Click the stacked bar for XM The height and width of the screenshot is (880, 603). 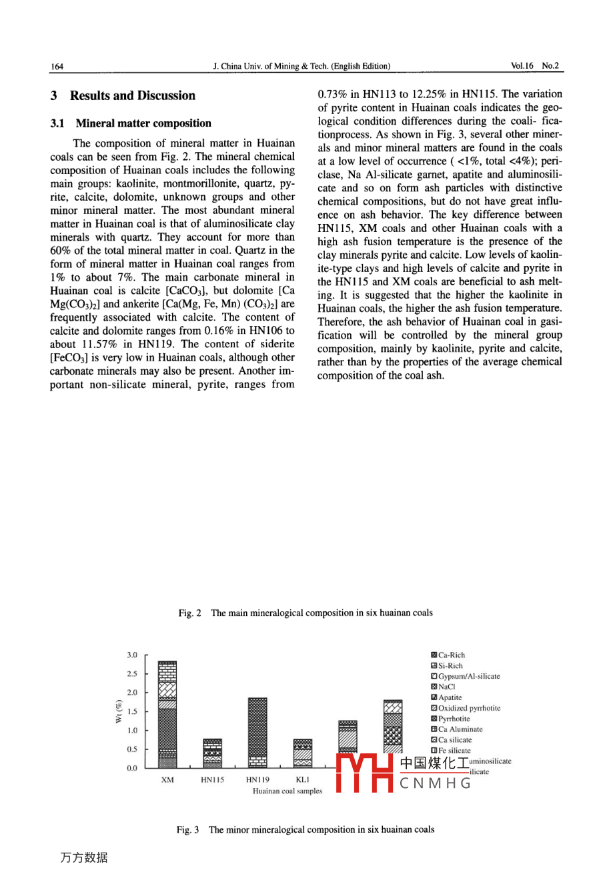pos(167,714)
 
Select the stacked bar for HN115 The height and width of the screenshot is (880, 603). pos(212,753)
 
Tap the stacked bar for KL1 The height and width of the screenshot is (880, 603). pos(303,753)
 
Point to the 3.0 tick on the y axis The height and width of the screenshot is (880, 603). pos(132,655)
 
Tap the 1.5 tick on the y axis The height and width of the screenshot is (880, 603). pos(132,712)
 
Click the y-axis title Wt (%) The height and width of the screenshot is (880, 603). pos(119,711)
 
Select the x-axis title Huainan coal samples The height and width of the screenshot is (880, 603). pos(287,791)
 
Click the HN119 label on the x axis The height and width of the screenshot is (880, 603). pos(257,779)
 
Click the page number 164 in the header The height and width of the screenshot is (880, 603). pos(57,66)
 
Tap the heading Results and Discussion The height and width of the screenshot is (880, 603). pos(132,96)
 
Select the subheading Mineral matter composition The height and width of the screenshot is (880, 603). pos(143,123)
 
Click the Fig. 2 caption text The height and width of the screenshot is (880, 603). pos(306,613)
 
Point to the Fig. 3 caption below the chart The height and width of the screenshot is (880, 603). pos(306,830)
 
